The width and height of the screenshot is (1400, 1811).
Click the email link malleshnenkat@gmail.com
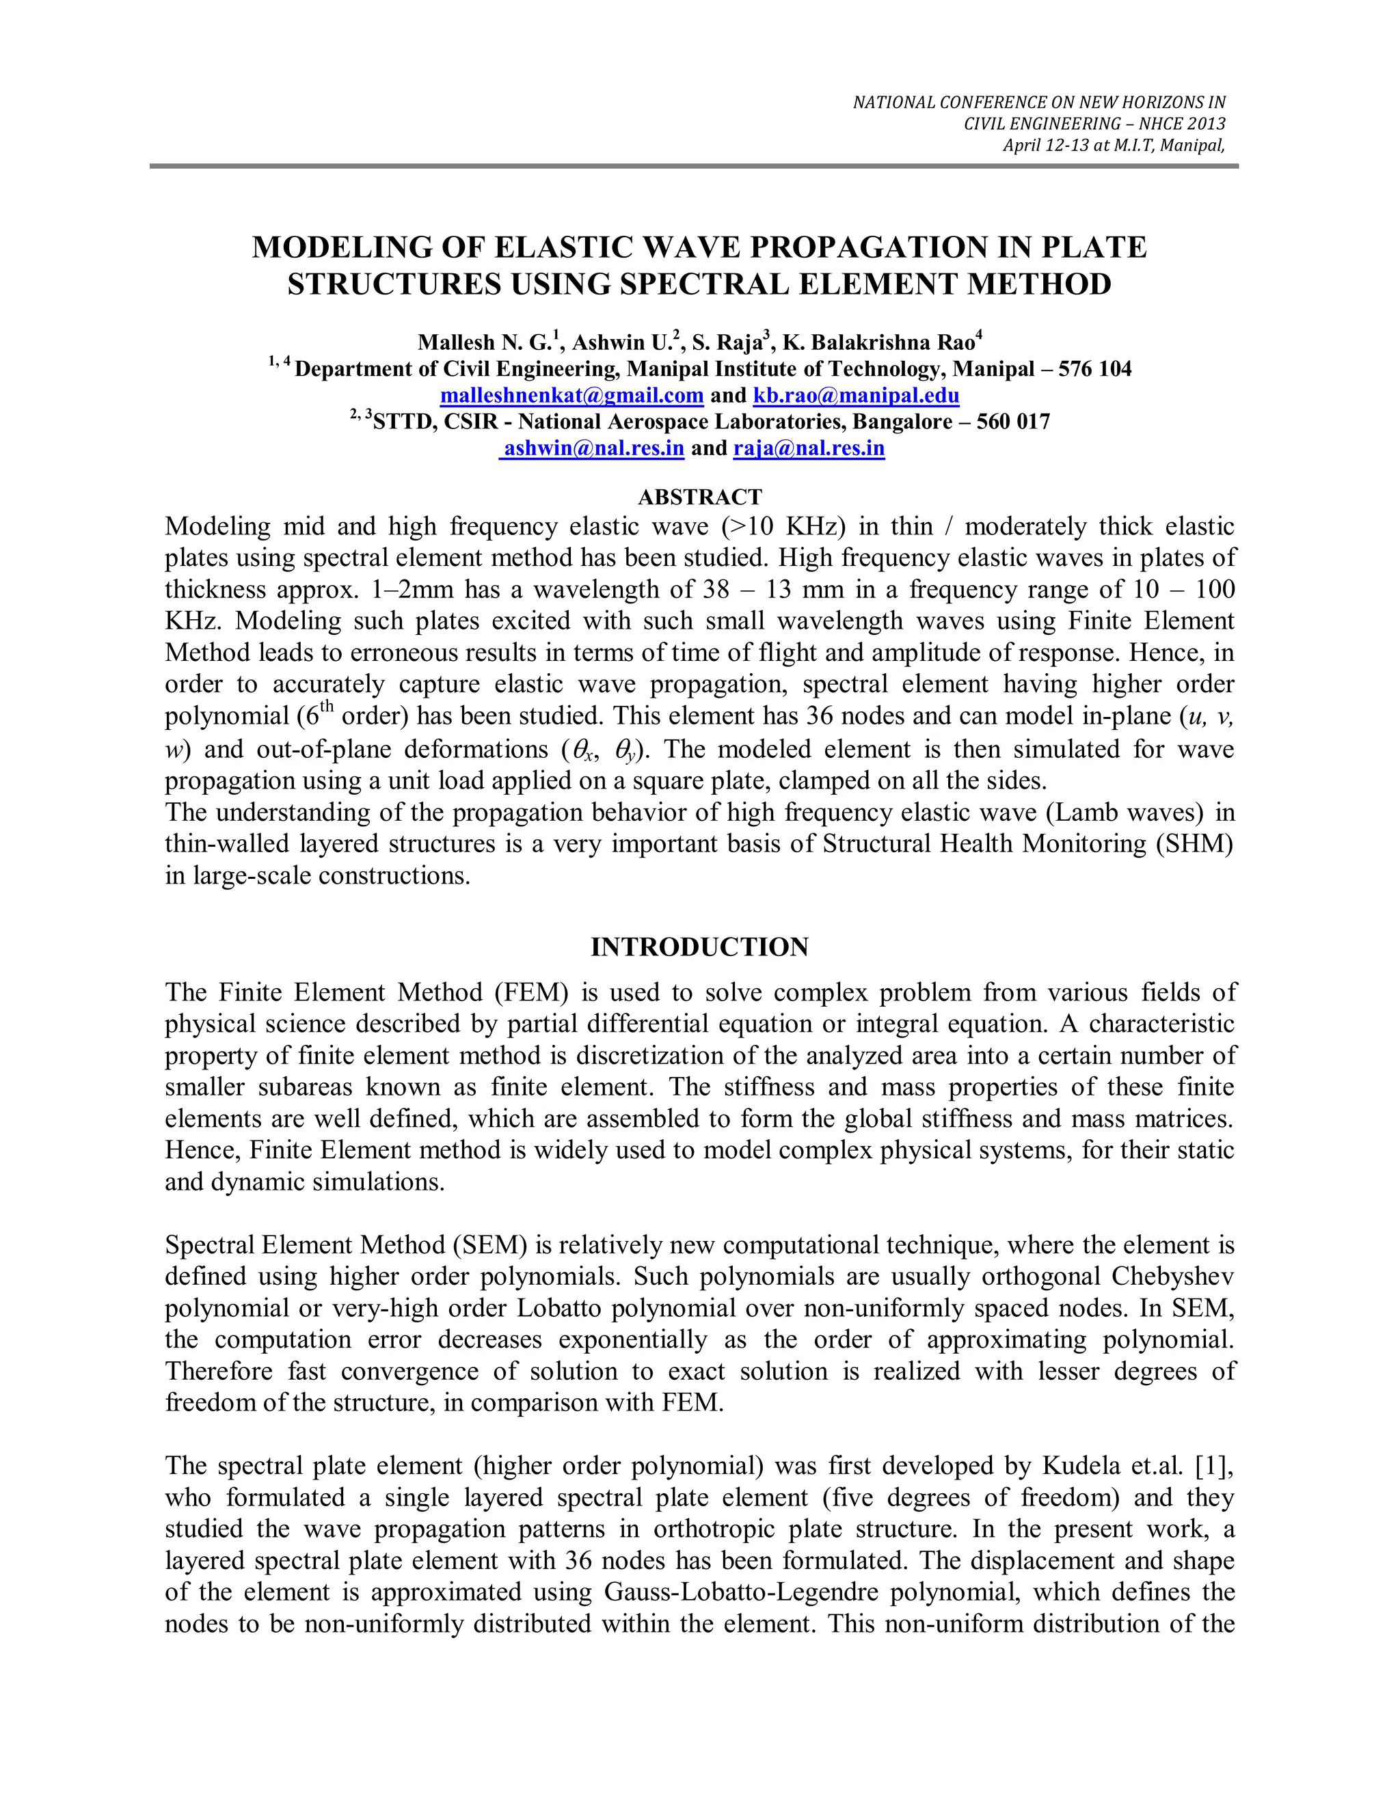point(571,396)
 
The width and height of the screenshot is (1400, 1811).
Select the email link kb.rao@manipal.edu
point(856,396)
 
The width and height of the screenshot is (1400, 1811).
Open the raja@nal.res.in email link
point(809,448)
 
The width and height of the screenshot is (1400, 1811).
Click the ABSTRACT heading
point(699,497)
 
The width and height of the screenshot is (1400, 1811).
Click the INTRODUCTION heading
point(699,947)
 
